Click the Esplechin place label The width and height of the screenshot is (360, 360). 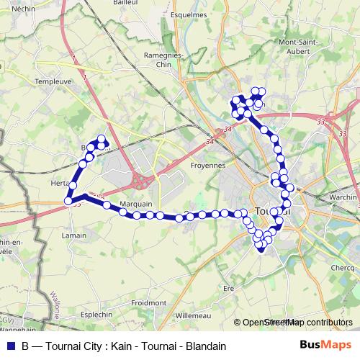(x=99, y=315)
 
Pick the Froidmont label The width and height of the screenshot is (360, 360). (x=149, y=303)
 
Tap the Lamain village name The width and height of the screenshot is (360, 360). (x=75, y=235)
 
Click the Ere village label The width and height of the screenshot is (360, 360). (x=230, y=288)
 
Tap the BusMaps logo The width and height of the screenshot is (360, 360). (x=326, y=345)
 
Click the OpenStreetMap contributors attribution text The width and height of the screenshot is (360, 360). (x=298, y=323)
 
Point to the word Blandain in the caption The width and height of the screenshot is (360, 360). (x=206, y=346)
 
